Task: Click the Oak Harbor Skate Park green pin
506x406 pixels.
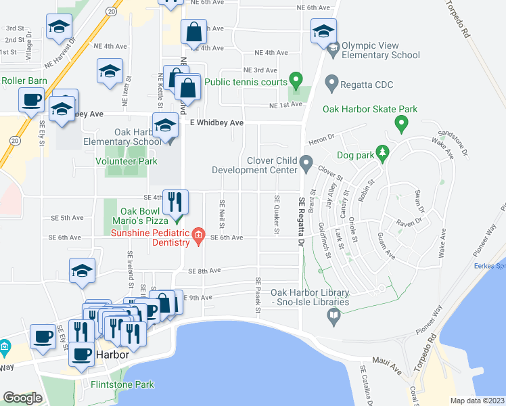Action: (x=401, y=123)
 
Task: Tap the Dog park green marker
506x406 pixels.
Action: (x=383, y=155)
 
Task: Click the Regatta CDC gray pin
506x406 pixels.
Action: (x=331, y=85)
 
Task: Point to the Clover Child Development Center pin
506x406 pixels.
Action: (x=306, y=164)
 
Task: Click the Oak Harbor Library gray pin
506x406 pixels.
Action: (x=333, y=315)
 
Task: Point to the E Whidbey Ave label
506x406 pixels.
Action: (x=216, y=122)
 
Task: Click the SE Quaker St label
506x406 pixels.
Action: (x=277, y=215)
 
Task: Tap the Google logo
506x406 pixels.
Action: (x=22, y=398)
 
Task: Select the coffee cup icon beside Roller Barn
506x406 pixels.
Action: (x=32, y=101)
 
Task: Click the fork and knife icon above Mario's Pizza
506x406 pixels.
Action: (x=175, y=201)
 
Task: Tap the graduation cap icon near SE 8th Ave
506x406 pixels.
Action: (x=82, y=271)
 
